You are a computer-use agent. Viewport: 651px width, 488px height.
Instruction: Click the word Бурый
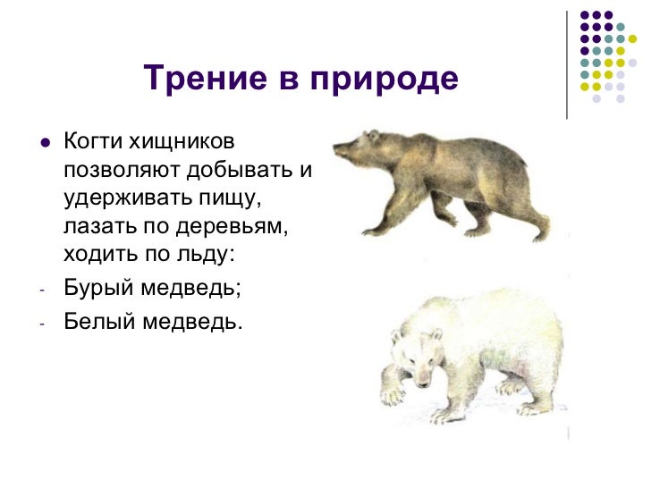[x=94, y=290]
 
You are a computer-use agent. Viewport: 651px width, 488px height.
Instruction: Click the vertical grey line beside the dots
[x=567, y=63]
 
